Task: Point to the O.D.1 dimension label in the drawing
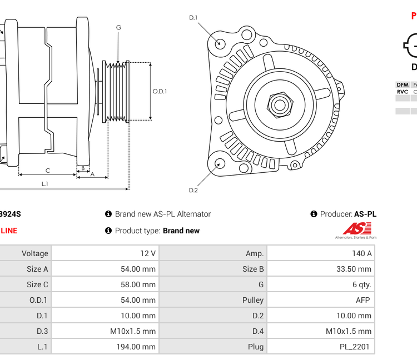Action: click(160, 91)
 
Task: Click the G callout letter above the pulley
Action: click(118, 28)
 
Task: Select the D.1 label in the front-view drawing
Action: click(193, 18)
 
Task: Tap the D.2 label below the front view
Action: click(193, 190)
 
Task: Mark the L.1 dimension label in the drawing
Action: click(44, 184)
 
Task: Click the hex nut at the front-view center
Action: click(280, 104)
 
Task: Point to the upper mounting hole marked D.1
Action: click(220, 43)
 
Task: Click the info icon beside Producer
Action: click(314, 214)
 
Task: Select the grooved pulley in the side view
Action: click(116, 91)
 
